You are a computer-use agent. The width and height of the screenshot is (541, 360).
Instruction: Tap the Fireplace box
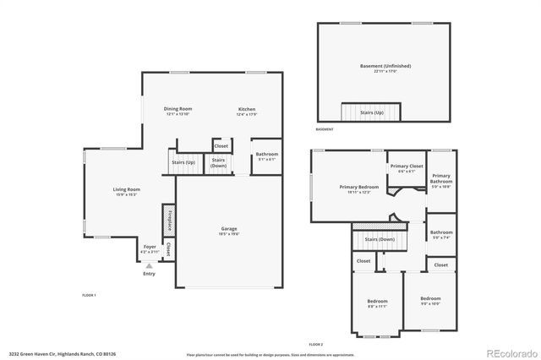coord(169,220)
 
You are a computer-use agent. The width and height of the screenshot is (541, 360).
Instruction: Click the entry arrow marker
coord(150,265)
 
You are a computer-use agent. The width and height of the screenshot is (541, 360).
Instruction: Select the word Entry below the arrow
coord(150,273)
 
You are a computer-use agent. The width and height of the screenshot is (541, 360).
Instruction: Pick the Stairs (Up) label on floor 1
coord(183,161)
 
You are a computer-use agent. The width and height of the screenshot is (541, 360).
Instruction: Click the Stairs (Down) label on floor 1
coord(218,161)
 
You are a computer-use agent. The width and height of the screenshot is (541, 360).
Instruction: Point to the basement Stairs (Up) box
coord(372,112)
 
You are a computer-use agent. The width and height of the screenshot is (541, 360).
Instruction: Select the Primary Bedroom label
coord(359,187)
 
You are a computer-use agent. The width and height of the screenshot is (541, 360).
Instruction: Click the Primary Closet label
coord(407,166)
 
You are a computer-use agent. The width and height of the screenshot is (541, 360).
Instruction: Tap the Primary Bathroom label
coord(441,178)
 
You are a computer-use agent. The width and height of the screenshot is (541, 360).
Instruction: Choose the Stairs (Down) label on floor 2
coord(380,239)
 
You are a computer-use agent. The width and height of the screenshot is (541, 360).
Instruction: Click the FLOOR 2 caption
coord(315,346)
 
